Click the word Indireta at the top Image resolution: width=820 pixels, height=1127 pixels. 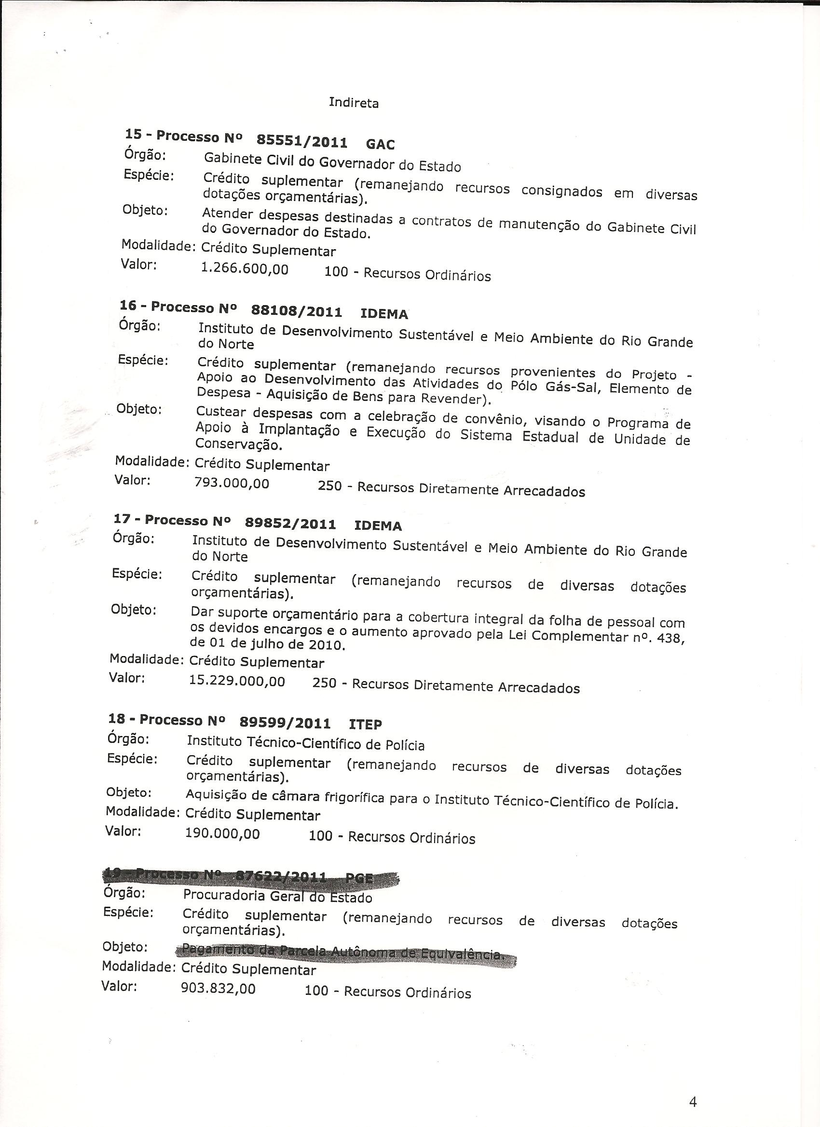(x=354, y=103)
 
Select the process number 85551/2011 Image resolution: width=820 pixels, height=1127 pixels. (x=302, y=142)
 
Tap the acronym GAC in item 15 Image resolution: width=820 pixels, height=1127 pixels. (x=381, y=145)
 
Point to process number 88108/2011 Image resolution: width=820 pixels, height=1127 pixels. (x=297, y=311)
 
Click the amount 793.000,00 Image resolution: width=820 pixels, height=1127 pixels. (x=232, y=483)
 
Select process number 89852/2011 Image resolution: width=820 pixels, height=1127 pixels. (x=290, y=523)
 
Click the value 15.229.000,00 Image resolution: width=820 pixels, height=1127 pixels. (x=237, y=680)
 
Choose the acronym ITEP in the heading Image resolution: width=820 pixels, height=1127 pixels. (x=366, y=724)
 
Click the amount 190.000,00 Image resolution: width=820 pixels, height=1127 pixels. (x=222, y=833)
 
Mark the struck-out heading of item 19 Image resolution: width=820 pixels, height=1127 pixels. (x=248, y=876)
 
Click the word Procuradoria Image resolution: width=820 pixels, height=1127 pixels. (x=224, y=895)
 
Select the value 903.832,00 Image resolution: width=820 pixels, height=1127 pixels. (x=219, y=988)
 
